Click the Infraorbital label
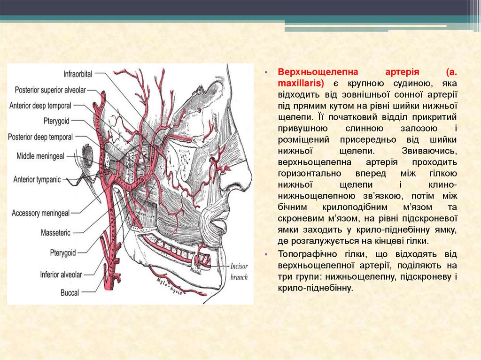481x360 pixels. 78,74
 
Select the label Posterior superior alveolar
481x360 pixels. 50,90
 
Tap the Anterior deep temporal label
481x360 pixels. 40,105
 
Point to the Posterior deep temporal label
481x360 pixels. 40,137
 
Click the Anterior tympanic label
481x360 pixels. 37,179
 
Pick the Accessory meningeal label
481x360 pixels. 40,213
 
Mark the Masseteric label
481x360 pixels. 55,232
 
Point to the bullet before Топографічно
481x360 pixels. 265,254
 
